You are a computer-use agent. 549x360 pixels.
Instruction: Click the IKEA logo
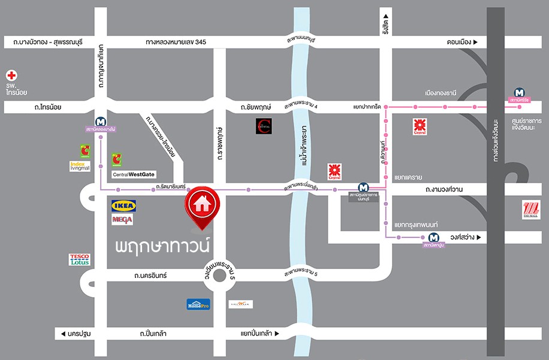pyautogui.click(x=124, y=206)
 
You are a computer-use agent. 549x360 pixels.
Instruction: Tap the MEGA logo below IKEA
pyautogui.click(x=122, y=220)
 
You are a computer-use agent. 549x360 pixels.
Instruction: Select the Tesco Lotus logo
pyautogui.click(x=80, y=259)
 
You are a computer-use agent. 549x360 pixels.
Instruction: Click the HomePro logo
pyautogui.click(x=198, y=304)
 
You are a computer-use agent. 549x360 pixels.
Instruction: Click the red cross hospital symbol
pyautogui.click(x=11, y=75)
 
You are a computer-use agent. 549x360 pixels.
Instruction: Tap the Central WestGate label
pyautogui.click(x=134, y=175)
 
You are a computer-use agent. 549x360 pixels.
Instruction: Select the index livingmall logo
pyautogui.click(x=80, y=166)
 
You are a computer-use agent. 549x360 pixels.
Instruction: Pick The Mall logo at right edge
pyautogui.click(x=530, y=210)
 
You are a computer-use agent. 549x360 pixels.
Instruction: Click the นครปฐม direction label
pyautogui.click(x=74, y=333)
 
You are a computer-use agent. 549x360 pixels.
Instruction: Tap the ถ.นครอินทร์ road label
pyautogui.click(x=150, y=276)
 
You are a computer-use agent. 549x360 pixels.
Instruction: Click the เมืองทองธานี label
pyautogui.click(x=441, y=93)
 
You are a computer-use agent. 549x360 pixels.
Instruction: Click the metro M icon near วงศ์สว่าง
pyautogui.click(x=433, y=237)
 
